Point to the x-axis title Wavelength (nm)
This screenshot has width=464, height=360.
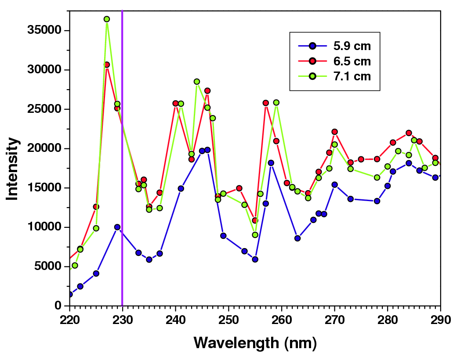(x=255, y=342)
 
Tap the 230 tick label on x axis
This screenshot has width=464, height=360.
(x=122, y=319)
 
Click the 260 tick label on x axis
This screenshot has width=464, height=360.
(x=281, y=319)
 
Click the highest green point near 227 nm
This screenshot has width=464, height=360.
(x=107, y=19)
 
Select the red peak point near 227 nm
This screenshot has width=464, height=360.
(x=107, y=65)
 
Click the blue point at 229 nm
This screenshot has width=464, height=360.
(x=117, y=227)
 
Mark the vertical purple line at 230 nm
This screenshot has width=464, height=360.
(x=122, y=176)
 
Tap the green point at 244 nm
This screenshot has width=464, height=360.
(x=197, y=82)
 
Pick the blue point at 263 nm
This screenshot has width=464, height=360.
(x=297, y=238)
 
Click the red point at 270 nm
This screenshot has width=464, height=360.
(x=334, y=132)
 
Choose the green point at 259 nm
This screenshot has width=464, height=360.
(x=276, y=102)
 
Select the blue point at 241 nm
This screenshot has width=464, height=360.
(x=181, y=188)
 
